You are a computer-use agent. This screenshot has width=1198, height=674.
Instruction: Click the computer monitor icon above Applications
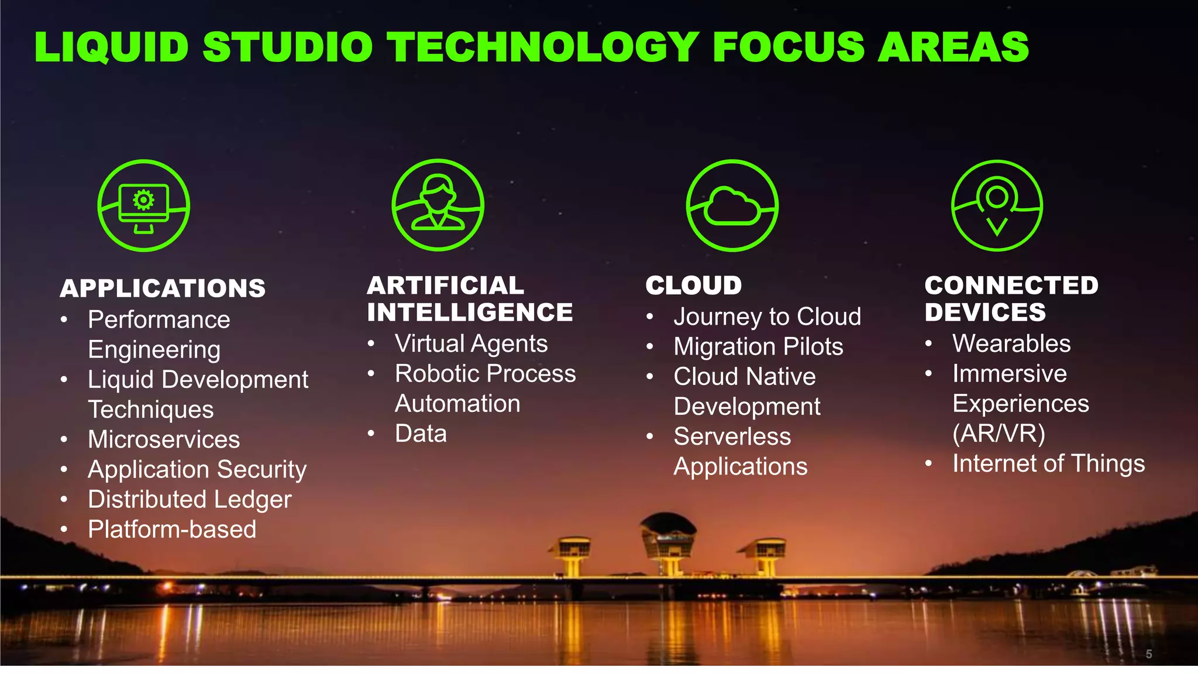143,205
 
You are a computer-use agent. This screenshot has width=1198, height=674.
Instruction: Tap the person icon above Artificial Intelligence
438,205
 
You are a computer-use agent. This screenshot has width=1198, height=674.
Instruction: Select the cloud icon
732,205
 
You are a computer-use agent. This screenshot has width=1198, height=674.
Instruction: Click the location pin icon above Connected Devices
997,205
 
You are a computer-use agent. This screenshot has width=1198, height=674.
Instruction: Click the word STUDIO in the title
287,47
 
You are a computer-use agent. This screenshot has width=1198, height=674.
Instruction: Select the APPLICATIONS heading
163,288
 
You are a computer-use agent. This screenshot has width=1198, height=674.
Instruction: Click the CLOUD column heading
694,286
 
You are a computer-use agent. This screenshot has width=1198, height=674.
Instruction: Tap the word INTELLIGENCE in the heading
470,312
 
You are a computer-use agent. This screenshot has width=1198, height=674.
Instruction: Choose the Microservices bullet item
164,439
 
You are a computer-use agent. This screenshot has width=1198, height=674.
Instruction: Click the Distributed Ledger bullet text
190,500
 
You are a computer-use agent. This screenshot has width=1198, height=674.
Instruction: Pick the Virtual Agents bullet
471,343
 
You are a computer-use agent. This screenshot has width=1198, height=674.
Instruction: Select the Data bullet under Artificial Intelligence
421,434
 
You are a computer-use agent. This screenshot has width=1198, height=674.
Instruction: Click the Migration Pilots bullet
758,346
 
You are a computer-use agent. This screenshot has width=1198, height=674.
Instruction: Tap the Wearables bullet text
1011,343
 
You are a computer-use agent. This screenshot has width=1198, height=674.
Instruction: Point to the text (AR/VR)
999,434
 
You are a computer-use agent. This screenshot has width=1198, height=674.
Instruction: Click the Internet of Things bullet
1048,463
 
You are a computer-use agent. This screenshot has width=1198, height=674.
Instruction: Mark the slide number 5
1149,654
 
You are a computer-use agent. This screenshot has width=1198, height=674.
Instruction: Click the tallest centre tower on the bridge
669,541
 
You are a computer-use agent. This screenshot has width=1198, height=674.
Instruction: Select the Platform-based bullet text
172,529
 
